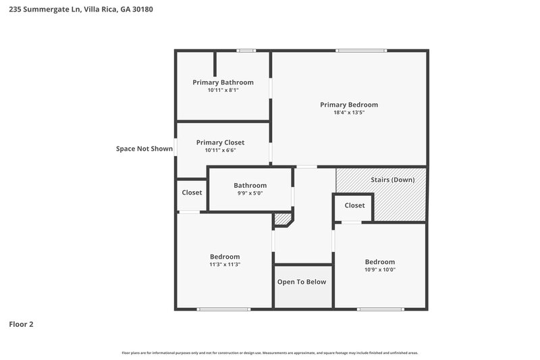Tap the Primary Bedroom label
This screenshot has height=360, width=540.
pyautogui.click(x=348, y=105)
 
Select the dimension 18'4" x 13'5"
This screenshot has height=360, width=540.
pyautogui.click(x=348, y=113)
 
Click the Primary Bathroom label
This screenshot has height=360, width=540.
pyautogui.click(x=223, y=82)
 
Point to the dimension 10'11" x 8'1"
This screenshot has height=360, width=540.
pyautogui.click(x=223, y=90)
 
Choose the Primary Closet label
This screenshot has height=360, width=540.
pyautogui.click(x=220, y=143)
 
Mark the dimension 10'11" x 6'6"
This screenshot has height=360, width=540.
pyautogui.click(x=220, y=150)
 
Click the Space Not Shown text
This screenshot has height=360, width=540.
pyautogui.click(x=144, y=149)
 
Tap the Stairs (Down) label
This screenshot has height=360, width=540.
pyautogui.click(x=393, y=180)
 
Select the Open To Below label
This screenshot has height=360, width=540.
pyautogui.click(x=302, y=282)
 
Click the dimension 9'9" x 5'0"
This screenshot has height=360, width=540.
pyautogui.click(x=250, y=193)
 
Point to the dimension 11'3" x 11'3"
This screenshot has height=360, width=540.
pyautogui.click(x=225, y=265)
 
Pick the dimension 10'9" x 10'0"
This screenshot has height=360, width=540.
pyautogui.click(x=379, y=269)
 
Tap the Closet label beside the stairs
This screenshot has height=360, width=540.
pyautogui.click(x=354, y=205)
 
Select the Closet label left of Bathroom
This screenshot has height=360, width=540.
pyautogui.click(x=192, y=192)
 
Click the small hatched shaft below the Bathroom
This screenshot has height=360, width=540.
pyautogui.click(x=281, y=219)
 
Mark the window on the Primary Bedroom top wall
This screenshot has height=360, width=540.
pyautogui.click(x=362, y=50)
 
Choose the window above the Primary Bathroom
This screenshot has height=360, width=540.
pyautogui.click(x=246, y=50)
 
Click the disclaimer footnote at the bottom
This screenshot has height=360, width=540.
pyautogui.click(x=269, y=353)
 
